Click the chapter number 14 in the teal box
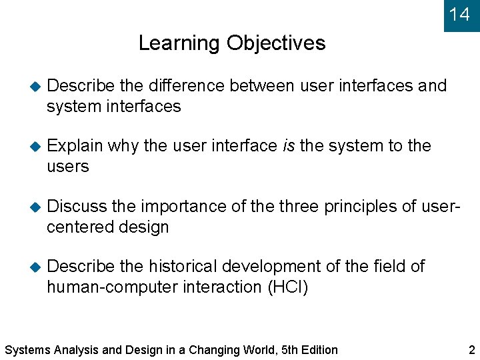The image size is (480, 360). [x=459, y=14]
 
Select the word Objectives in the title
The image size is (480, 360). [x=276, y=43]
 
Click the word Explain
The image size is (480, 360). [x=75, y=146]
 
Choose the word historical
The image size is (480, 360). [x=183, y=267]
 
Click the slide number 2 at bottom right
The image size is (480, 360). [x=471, y=349]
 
